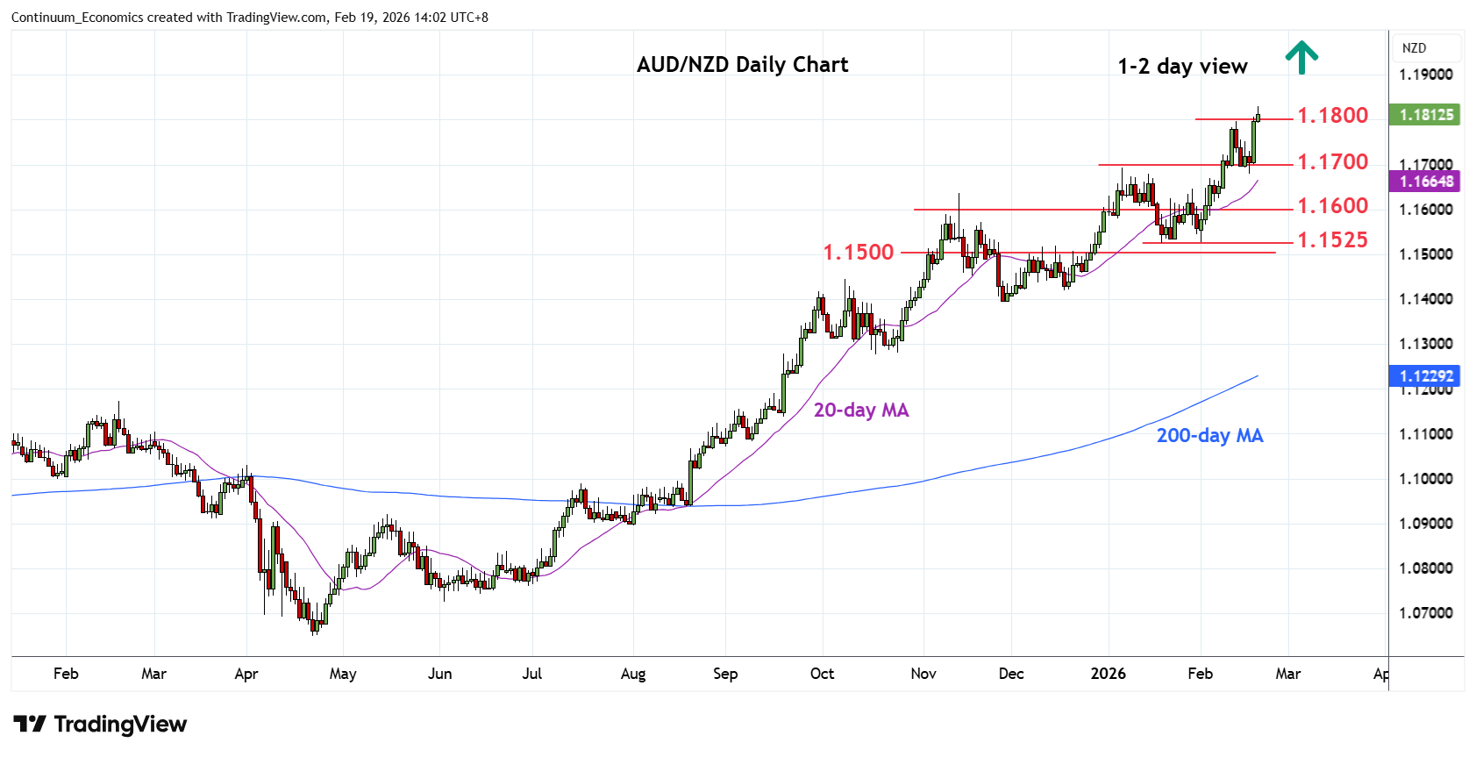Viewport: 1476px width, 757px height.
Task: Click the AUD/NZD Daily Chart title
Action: click(x=742, y=65)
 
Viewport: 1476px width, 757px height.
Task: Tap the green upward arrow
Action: click(x=1301, y=57)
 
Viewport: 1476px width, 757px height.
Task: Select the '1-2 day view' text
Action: click(x=1182, y=67)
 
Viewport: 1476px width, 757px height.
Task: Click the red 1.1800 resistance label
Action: click(x=1332, y=116)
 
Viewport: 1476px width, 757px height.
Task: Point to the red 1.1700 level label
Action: click(x=1332, y=162)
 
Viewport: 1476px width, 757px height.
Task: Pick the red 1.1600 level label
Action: click(x=1332, y=206)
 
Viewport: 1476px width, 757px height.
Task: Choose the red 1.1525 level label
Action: click(x=1332, y=240)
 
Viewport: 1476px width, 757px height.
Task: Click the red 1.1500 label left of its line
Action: click(x=858, y=253)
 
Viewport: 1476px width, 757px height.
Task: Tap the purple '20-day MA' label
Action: click(x=860, y=411)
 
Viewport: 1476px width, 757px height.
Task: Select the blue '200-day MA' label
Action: click(x=1209, y=436)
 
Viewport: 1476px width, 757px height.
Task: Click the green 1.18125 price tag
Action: click(x=1425, y=115)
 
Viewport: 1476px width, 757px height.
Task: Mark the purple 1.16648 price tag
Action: click(x=1425, y=182)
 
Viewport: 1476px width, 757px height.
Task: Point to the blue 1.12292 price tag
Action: click(x=1425, y=376)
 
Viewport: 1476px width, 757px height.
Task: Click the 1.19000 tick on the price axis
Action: click(x=1425, y=75)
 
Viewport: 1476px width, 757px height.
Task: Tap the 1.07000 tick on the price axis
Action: click(x=1425, y=613)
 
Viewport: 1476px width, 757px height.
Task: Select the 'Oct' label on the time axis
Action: click(x=822, y=674)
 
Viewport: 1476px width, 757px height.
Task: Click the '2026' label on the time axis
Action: click(x=1108, y=674)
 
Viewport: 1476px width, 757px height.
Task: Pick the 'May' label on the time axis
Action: click(x=343, y=674)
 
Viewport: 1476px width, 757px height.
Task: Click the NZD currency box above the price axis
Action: click(x=1414, y=48)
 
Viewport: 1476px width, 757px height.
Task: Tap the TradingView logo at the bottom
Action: click(x=101, y=725)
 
